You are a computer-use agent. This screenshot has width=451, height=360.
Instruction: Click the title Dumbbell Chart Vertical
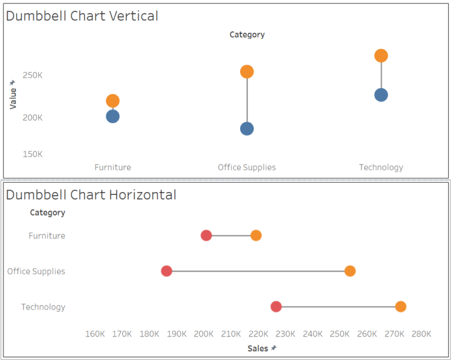(82, 16)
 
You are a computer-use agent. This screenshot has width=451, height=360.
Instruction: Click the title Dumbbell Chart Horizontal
(90, 194)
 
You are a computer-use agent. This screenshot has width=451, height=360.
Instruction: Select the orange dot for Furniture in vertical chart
(113, 101)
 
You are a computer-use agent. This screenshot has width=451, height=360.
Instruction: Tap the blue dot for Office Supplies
(247, 129)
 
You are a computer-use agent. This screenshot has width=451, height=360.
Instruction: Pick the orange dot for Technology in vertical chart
(381, 56)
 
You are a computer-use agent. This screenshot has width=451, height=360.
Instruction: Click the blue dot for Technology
(381, 95)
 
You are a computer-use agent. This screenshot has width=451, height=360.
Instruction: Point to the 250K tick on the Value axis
(33, 75)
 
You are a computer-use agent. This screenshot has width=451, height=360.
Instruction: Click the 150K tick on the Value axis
(33, 154)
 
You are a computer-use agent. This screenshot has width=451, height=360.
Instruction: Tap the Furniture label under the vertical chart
(113, 167)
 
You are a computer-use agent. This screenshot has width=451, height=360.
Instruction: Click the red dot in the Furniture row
(206, 235)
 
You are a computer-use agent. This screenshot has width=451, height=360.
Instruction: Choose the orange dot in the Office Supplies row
(350, 271)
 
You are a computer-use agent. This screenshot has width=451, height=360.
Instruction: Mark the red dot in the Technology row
(276, 307)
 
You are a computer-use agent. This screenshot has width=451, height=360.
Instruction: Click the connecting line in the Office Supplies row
(258, 271)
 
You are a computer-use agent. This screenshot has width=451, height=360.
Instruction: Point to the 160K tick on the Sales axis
(95, 334)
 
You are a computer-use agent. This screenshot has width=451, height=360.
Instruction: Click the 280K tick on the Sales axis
(421, 334)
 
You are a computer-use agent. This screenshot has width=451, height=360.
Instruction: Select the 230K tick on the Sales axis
(285, 334)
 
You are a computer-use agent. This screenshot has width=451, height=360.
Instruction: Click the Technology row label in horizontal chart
(43, 307)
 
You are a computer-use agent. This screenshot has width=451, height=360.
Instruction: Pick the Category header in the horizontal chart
(48, 213)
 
